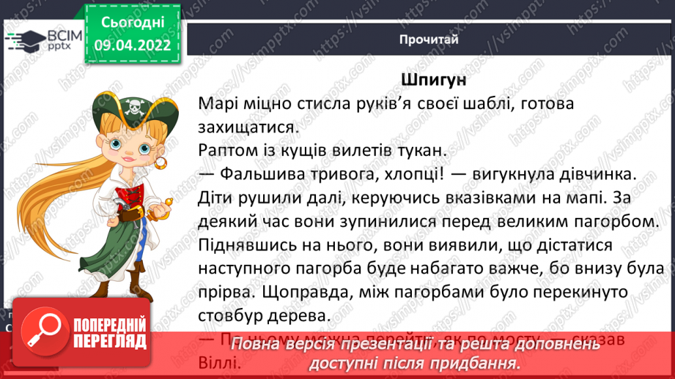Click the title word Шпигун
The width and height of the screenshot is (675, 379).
pos(434,79)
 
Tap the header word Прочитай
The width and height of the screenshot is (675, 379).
pos(429,40)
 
